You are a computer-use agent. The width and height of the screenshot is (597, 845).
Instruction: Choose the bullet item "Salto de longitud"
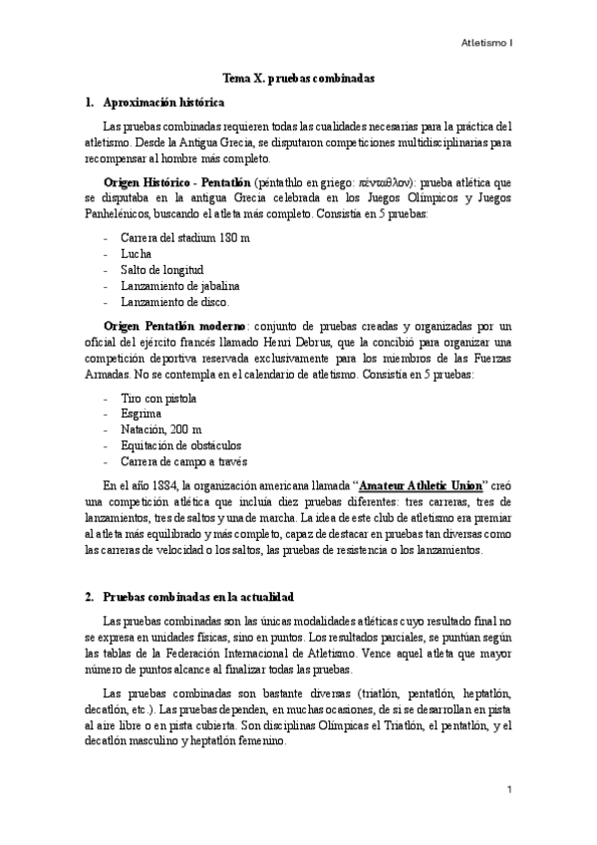pyautogui.click(x=161, y=270)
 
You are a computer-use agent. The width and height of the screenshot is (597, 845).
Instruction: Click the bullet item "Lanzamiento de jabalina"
pyautogui.click(x=179, y=286)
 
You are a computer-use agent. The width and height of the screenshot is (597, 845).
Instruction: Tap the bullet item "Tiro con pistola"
pyautogui.click(x=158, y=398)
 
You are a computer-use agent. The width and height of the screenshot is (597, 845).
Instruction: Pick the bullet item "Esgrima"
pyautogui.click(x=142, y=414)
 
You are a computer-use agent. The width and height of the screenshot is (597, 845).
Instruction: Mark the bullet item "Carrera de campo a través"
pyautogui.click(x=183, y=461)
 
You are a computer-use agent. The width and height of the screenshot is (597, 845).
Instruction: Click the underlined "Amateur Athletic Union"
pyautogui.click(x=420, y=484)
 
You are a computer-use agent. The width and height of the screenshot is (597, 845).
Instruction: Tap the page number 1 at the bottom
pyautogui.click(x=508, y=789)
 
